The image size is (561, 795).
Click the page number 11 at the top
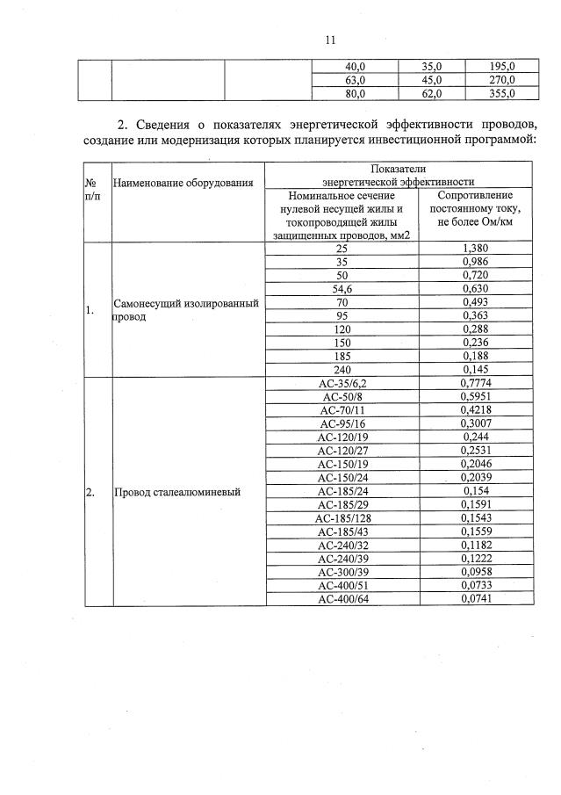pyautogui.click(x=330, y=39)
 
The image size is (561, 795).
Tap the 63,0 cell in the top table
pyautogui.click(x=355, y=80)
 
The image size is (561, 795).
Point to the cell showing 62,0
pyautogui.click(x=431, y=93)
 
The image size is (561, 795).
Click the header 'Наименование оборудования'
pyautogui.click(x=183, y=183)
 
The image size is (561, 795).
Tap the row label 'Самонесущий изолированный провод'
pyautogui.click(x=185, y=310)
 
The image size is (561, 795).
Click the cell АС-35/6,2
pyautogui.click(x=342, y=383)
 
